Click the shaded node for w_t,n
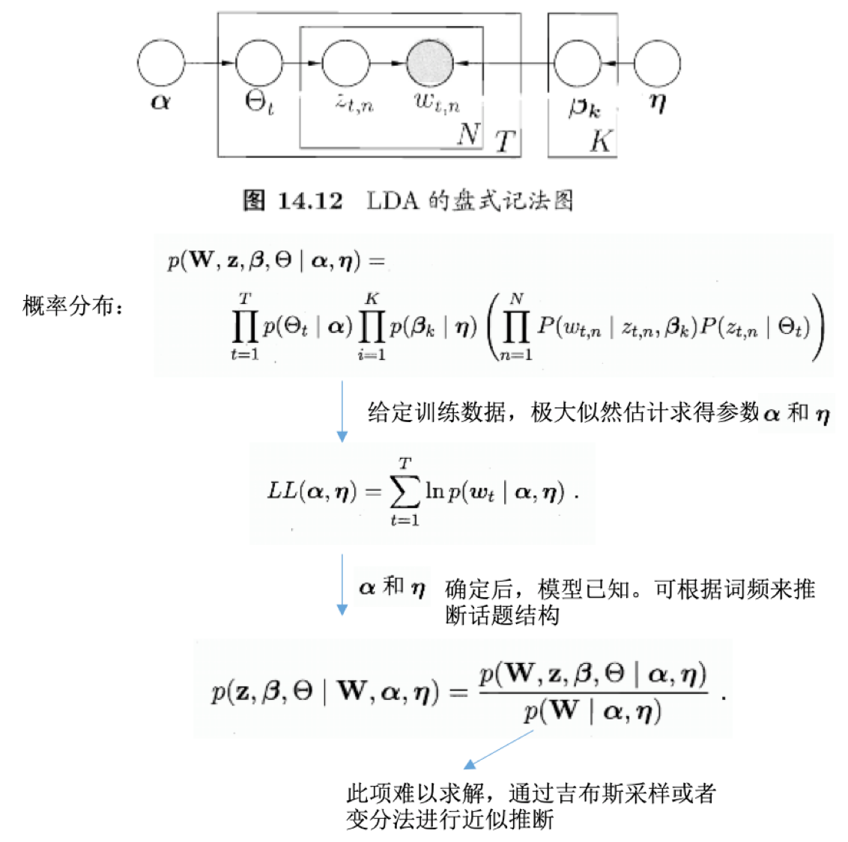[430, 64]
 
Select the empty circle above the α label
[161, 64]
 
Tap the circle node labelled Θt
[259, 64]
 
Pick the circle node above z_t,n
[345, 64]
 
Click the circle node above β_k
[577, 64]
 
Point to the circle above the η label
[657, 64]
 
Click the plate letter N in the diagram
[468, 134]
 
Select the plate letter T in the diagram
[506, 141]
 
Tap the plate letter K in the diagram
[601, 140]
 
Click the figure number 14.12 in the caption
[310, 201]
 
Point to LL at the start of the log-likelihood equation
[282, 491]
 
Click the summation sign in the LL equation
[405, 491]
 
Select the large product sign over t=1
[244, 327]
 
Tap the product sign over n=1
[515, 327]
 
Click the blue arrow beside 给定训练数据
[342, 411]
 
